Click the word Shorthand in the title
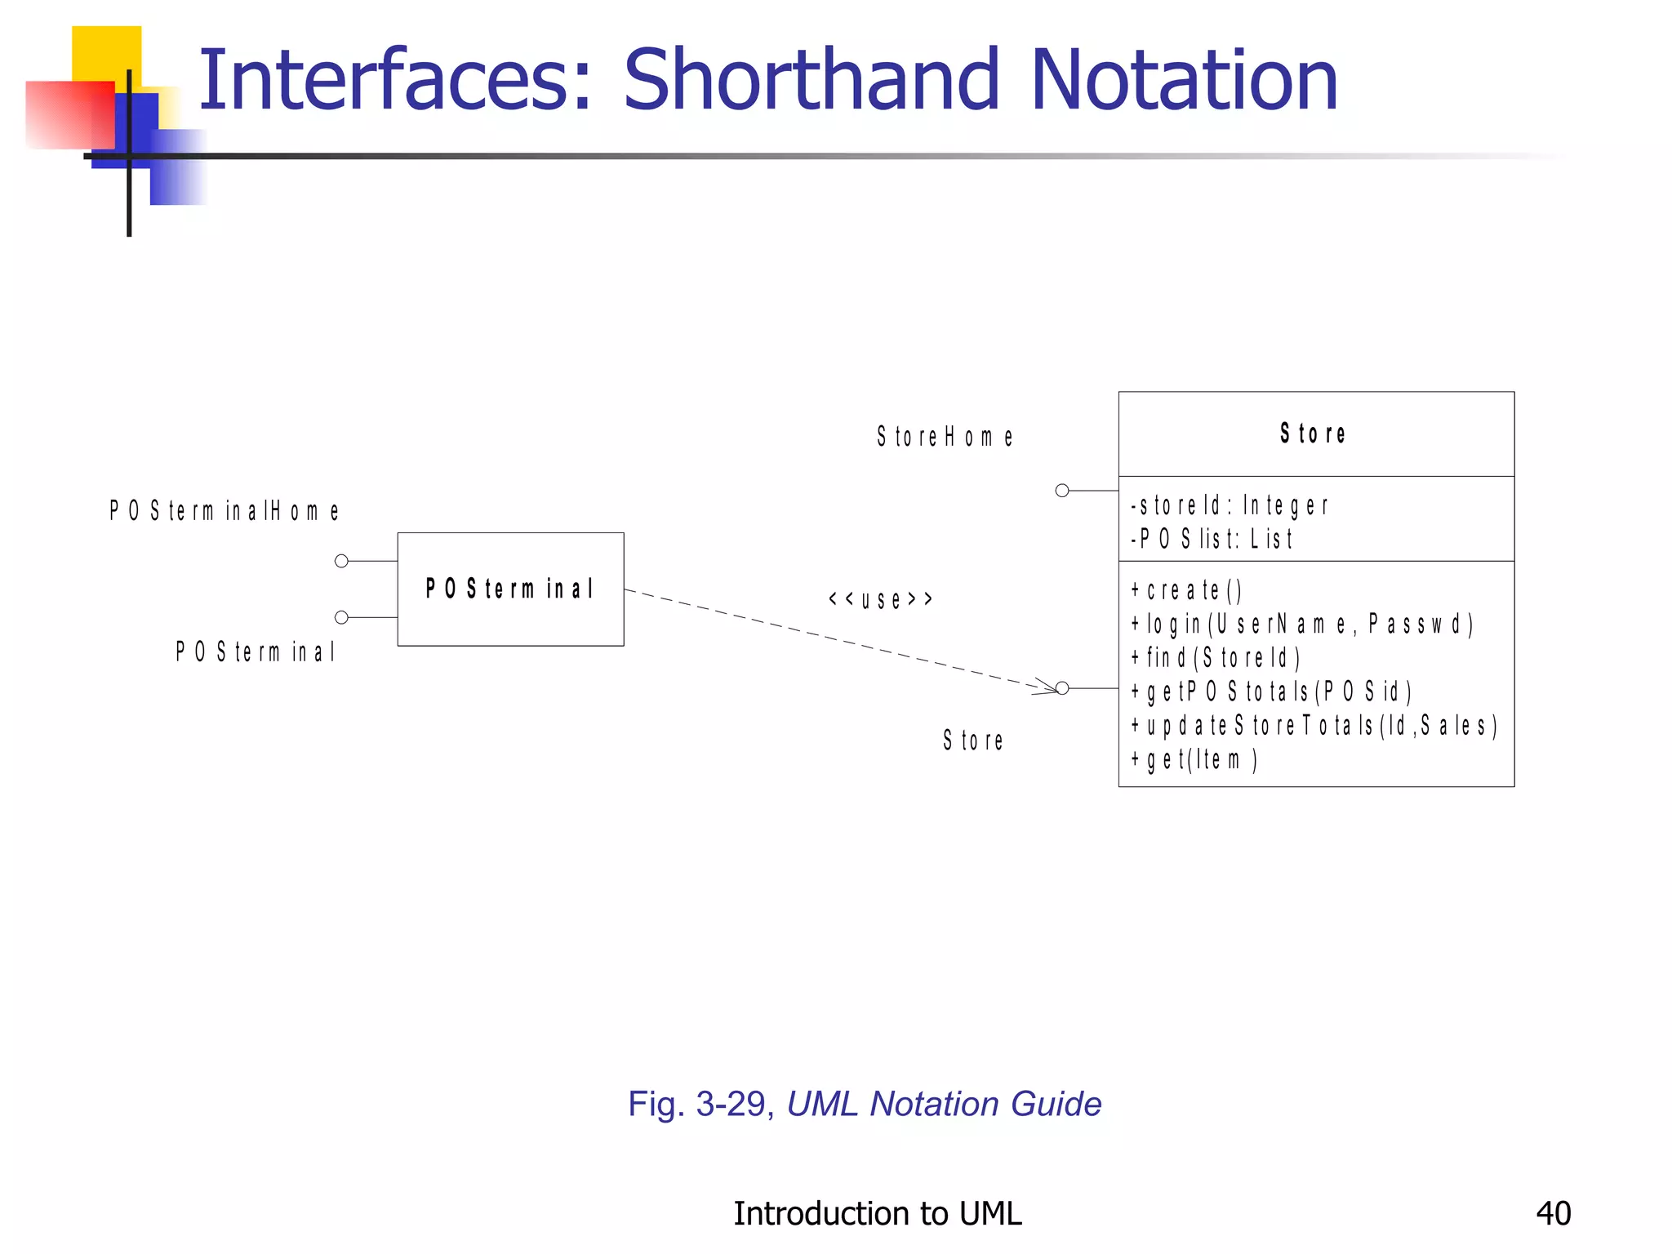click(810, 80)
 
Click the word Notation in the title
click(1184, 80)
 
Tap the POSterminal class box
click(510, 589)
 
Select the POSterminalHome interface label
click(224, 512)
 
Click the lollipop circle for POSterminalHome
click(341, 561)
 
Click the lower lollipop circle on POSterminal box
click(341, 617)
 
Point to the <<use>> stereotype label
click(880, 599)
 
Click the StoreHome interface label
click(945, 438)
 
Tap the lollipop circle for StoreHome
click(1062, 491)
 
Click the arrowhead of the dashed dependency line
click(1048, 686)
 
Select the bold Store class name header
click(1313, 434)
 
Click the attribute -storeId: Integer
click(1229, 506)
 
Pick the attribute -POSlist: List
click(1212, 539)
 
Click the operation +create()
click(1185, 590)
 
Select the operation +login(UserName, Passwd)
click(1301, 625)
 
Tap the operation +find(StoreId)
click(1215, 658)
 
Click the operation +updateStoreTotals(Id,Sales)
click(1314, 726)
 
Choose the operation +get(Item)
click(1194, 760)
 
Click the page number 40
click(1553, 1213)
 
